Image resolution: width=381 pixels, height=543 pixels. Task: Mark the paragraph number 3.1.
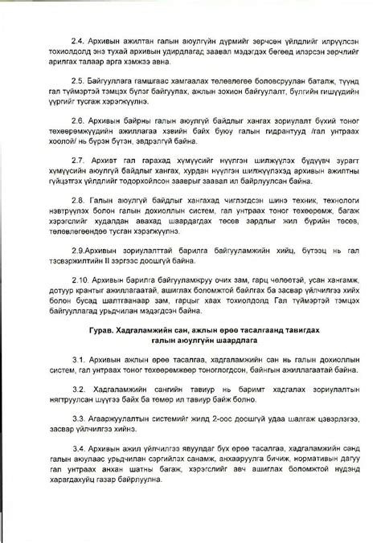[x=79, y=357]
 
